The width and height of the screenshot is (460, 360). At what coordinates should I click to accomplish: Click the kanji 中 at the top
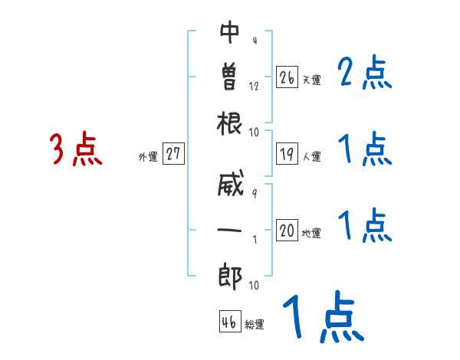(x=230, y=33)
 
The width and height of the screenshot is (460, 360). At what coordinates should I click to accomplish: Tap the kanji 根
(x=230, y=122)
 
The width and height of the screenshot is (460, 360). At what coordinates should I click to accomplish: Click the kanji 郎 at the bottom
(x=230, y=273)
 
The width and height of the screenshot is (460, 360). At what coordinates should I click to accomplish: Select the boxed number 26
(x=287, y=77)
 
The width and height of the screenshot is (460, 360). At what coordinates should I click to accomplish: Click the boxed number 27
(x=173, y=154)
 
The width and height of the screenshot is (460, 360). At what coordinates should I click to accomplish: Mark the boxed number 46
(x=228, y=322)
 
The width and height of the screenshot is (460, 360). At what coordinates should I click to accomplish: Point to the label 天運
(x=311, y=80)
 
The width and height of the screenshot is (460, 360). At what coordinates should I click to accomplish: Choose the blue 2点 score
(x=366, y=73)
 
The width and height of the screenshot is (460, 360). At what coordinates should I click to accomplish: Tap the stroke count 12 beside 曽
(x=254, y=86)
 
